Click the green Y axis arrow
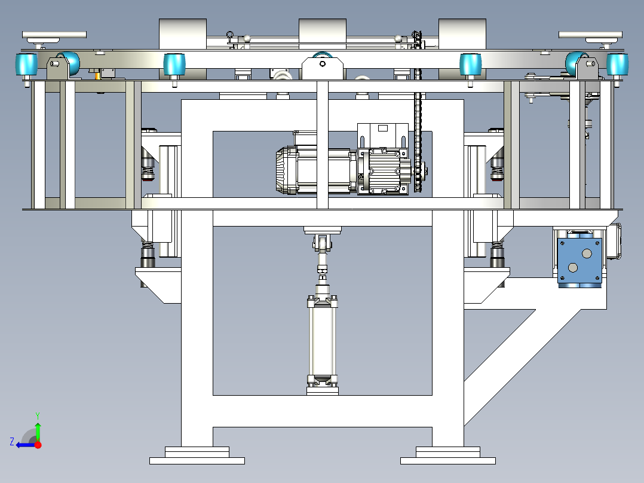click(x=38, y=432)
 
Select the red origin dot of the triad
click(x=38, y=445)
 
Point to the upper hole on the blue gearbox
click(x=587, y=253)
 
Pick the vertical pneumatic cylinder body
click(x=323, y=341)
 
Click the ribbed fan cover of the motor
click(x=287, y=170)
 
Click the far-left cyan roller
click(x=27, y=65)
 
